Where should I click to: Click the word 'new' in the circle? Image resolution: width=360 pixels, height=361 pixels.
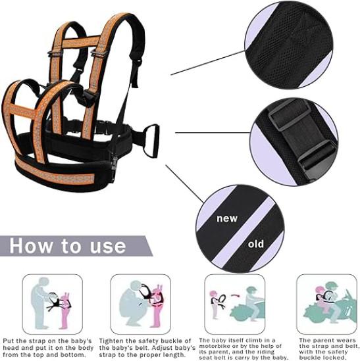[227, 218]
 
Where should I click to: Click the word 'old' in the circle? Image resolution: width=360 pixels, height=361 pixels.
[256, 244]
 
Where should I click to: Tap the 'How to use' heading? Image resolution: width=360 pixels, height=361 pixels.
[68, 246]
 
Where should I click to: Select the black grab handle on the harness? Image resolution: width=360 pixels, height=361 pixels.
[151, 141]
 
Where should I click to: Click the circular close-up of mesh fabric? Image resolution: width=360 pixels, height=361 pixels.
[289, 45]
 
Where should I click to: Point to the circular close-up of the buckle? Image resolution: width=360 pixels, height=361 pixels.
[294, 142]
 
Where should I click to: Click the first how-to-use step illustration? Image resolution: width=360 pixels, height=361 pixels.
[52, 304]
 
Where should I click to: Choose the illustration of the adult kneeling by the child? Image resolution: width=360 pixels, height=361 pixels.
[141, 304]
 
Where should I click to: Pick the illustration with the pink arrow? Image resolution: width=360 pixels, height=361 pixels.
[234, 304]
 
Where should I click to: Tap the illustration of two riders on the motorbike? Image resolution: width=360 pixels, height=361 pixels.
[327, 304]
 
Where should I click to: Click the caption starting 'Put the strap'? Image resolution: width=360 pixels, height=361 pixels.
[48, 348]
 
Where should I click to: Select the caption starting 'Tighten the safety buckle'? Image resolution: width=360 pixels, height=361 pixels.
[147, 348]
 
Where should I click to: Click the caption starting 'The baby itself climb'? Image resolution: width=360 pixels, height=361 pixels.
[244, 349]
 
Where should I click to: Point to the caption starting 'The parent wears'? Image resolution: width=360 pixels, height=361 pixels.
[329, 349]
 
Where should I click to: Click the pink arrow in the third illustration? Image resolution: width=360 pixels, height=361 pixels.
[236, 295]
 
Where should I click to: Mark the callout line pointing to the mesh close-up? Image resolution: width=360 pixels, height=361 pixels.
[208, 62]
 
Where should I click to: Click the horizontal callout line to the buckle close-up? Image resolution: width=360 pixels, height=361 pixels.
[213, 133]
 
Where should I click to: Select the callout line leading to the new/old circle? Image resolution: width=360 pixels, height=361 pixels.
[185, 183]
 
